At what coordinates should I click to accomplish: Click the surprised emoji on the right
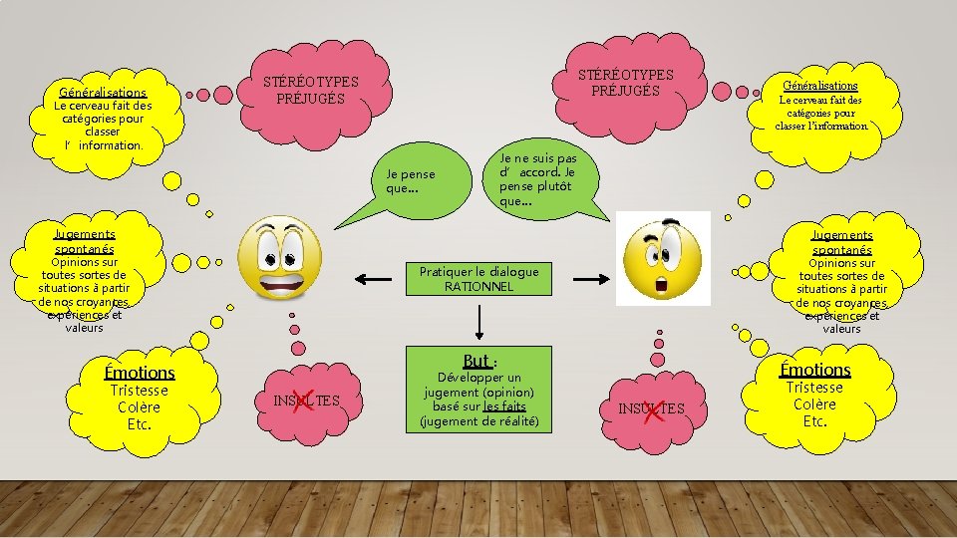click(662, 258)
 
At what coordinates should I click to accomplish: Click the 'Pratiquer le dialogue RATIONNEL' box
click(478, 279)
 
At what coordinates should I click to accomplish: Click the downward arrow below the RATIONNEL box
click(480, 321)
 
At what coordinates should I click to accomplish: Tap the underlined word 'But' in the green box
click(477, 361)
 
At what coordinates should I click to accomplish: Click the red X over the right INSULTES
click(654, 407)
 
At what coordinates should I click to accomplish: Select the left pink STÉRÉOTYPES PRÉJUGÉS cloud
click(310, 91)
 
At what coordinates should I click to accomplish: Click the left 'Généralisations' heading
click(103, 92)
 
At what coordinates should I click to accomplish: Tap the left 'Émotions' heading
click(140, 372)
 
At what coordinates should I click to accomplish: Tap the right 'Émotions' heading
click(814, 369)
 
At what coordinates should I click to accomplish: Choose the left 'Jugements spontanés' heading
click(85, 240)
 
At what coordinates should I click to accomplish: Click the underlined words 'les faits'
click(504, 406)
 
